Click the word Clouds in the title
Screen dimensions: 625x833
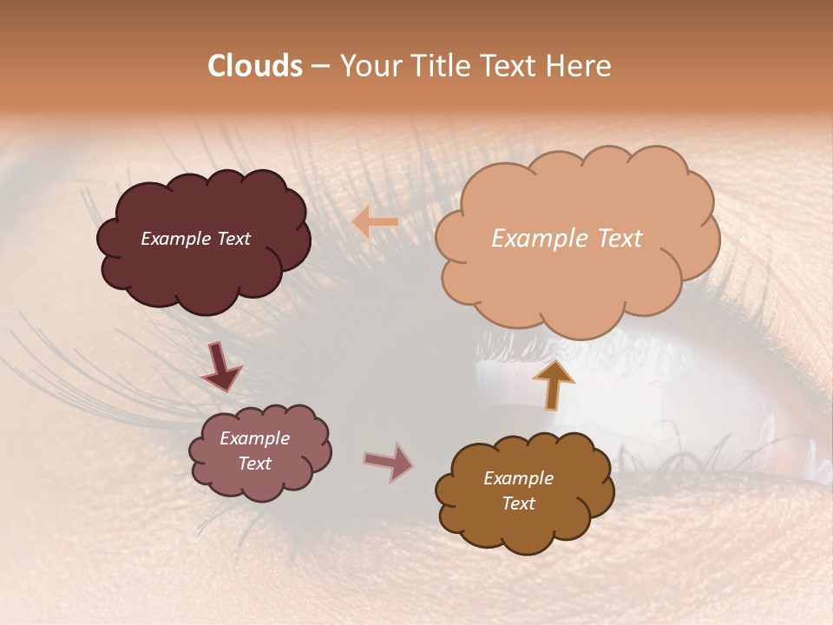(255, 66)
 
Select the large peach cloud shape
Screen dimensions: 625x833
(576, 278)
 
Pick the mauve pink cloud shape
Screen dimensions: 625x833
(260, 482)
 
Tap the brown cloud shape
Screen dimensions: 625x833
(525, 530)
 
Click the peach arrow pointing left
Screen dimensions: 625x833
(375, 223)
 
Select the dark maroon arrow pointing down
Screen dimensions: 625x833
(221, 366)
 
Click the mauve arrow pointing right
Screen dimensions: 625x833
(389, 463)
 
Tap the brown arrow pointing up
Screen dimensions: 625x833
(554, 385)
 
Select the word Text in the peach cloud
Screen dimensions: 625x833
(613, 239)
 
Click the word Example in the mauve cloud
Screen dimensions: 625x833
(254, 438)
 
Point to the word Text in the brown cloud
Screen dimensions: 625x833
(518, 503)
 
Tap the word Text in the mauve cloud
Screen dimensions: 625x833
(254, 464)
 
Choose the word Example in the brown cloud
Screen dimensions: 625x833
(518, 478)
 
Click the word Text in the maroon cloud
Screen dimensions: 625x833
(233, 239)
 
